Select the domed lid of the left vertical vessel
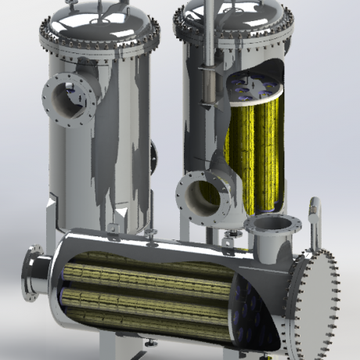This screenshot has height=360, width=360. (97, 20)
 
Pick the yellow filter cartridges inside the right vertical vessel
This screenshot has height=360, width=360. (252, 149)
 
